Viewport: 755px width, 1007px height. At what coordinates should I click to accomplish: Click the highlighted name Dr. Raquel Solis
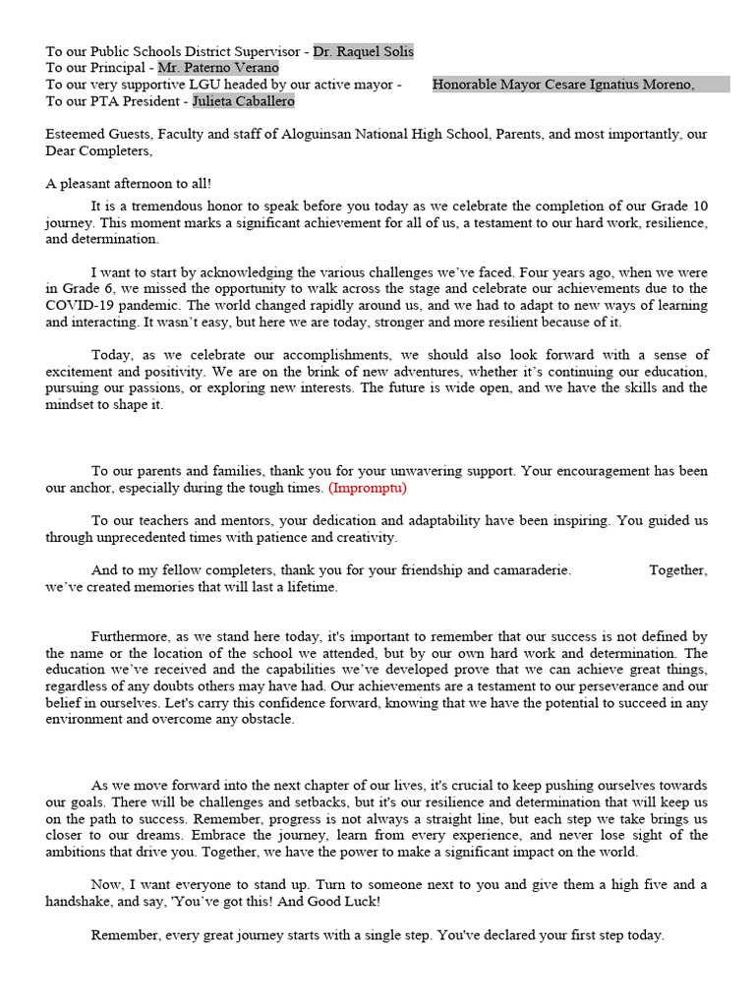point(363,51)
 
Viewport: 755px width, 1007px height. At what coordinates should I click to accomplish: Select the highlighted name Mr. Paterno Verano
point(217,68)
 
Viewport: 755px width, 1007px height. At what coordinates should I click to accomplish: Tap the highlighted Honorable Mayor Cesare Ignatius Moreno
point(563,85)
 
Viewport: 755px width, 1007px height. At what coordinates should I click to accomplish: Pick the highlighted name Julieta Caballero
point(242,101)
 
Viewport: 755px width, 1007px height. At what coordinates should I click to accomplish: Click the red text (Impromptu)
point(367,488)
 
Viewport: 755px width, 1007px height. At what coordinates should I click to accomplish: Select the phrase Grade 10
point(678,207)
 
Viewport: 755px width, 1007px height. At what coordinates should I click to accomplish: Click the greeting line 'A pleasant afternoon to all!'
point(128,184)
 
